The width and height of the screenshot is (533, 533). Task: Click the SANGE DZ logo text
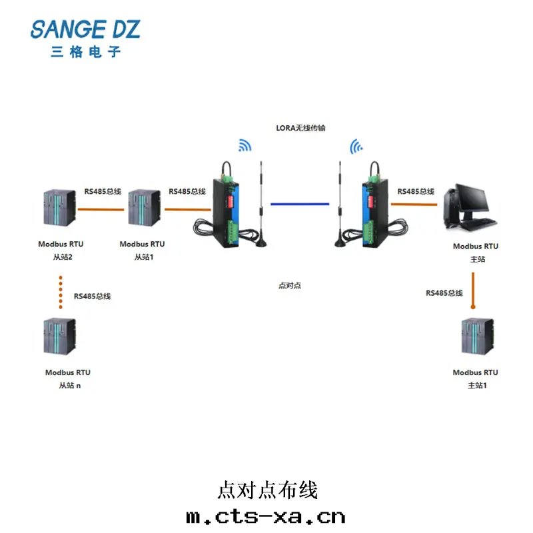[85, 29]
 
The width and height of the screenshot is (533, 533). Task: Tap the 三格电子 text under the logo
[86, 51]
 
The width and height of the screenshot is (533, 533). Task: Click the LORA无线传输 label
[301, 127]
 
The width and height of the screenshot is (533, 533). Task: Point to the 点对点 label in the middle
[290, 285]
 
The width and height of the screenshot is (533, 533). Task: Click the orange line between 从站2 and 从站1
[101, 209]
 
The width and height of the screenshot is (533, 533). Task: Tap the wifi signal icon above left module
[245, 146]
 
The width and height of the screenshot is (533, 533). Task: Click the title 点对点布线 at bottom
[267, 490]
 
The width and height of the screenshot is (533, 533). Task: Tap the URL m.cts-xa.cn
[266, 516]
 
